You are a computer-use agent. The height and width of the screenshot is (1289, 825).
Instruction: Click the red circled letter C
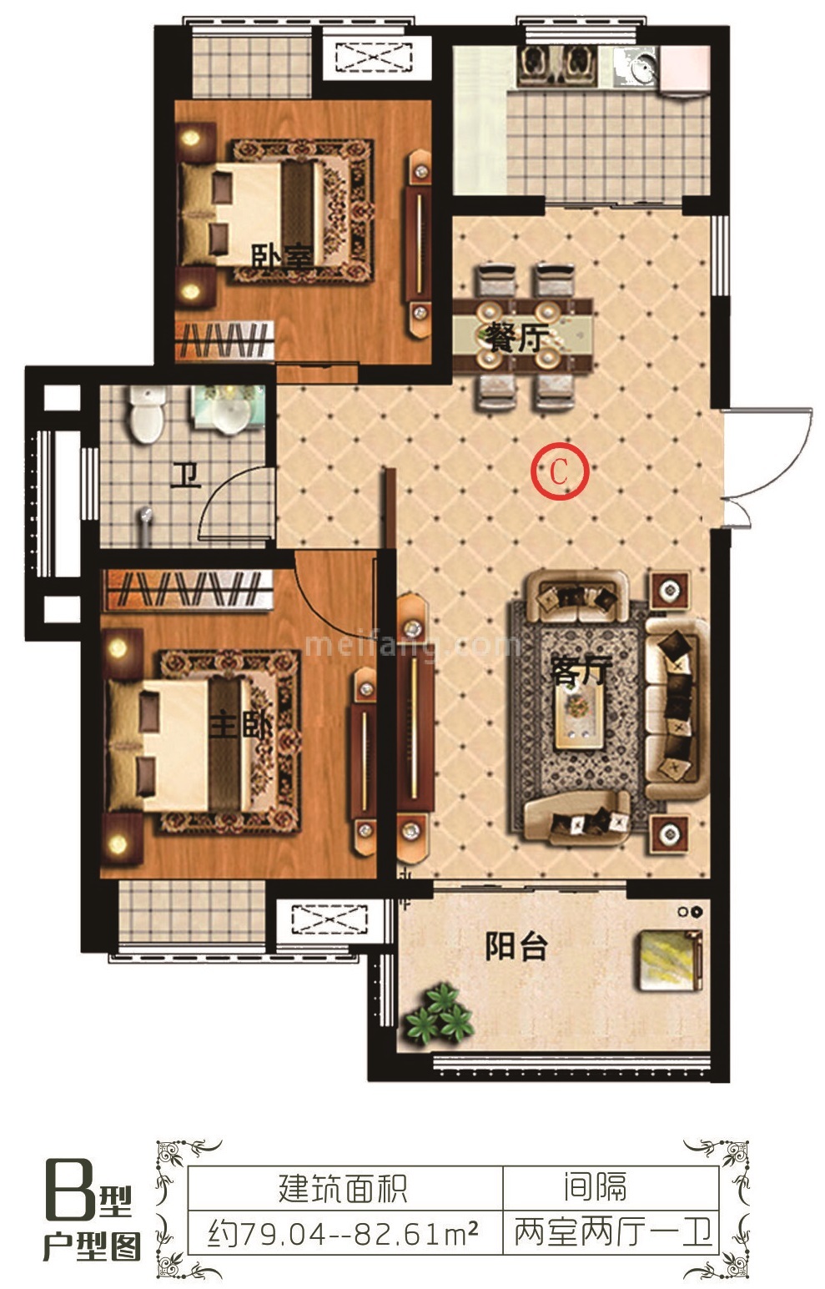(559, 471)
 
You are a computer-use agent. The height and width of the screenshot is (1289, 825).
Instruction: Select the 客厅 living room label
(580, 671)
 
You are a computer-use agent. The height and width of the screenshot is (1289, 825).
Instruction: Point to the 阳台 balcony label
(516, 946)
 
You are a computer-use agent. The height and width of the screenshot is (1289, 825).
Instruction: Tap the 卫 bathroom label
(185, 477)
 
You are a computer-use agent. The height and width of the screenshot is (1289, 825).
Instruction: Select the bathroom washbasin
(227, 409)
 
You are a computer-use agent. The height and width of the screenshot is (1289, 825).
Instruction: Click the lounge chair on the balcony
(668, 959)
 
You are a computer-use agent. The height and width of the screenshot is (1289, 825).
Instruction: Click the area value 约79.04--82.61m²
(343, 1232)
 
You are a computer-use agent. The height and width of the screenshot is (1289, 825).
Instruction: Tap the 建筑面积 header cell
(343, 1189)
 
